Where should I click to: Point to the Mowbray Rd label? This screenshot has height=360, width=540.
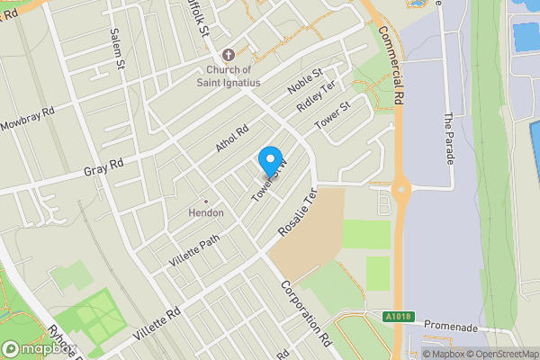[x=27, y=120]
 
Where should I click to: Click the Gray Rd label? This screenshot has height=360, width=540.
[x=103, y=166]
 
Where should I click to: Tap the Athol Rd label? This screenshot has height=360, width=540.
[x=231, y=138]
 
